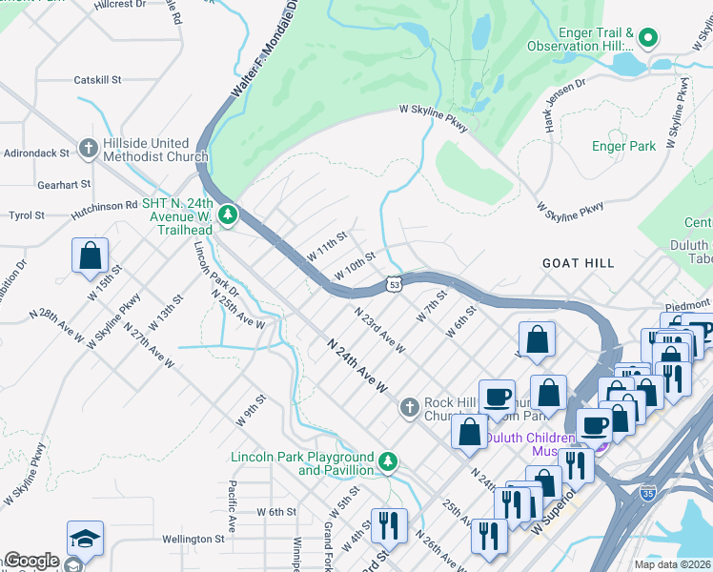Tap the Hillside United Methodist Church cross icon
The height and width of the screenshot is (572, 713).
89,149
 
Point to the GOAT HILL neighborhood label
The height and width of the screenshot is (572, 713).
578,262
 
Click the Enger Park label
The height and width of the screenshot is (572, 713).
623,146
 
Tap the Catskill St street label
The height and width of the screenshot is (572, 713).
97,80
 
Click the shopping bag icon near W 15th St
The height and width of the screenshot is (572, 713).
90,255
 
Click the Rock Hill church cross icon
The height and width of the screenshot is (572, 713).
409,408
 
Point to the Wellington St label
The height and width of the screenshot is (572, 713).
192,539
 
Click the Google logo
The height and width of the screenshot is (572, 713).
31,561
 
